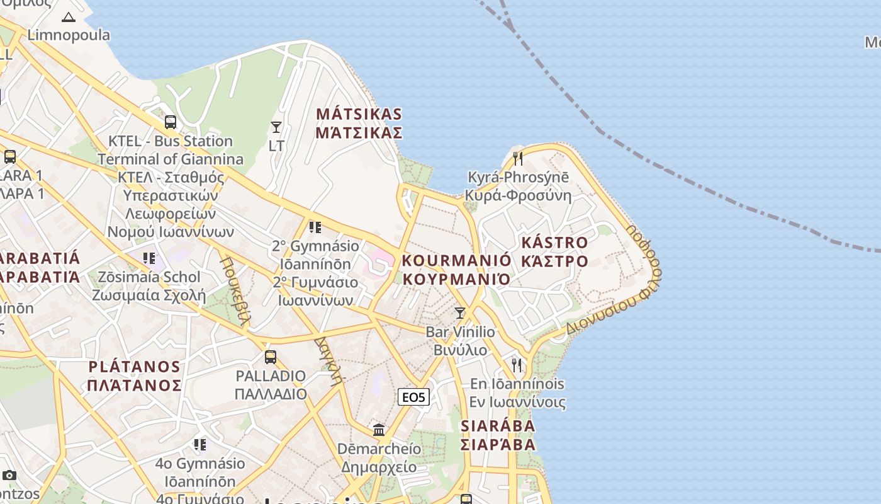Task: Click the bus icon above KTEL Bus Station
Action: tap(170, 122)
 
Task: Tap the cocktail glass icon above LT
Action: tap(276, 127)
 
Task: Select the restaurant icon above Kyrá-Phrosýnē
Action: tap(517, 158)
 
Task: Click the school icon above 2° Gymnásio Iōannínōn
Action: tap(315, 227)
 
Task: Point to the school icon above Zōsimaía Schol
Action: tap(149, 258)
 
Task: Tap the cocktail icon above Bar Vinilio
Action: tap(460, 312)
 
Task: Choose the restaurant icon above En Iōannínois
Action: tap(517, 365)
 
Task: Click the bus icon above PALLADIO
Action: tap(270, 357)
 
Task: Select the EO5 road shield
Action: tap(414, 397)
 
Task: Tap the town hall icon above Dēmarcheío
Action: tap(379, 430)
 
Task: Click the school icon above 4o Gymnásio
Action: tap(200, 445)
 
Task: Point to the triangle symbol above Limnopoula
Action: tap(69, 17)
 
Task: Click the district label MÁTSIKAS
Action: tap(359, 114)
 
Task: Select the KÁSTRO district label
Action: tap(554, 243)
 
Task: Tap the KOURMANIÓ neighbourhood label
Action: tap(456, 260)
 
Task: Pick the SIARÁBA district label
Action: tap(498, 426)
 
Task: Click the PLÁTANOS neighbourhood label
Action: tap(135, 367)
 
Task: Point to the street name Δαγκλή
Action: tap(329, 360)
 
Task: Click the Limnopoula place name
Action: tap(69, 35)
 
